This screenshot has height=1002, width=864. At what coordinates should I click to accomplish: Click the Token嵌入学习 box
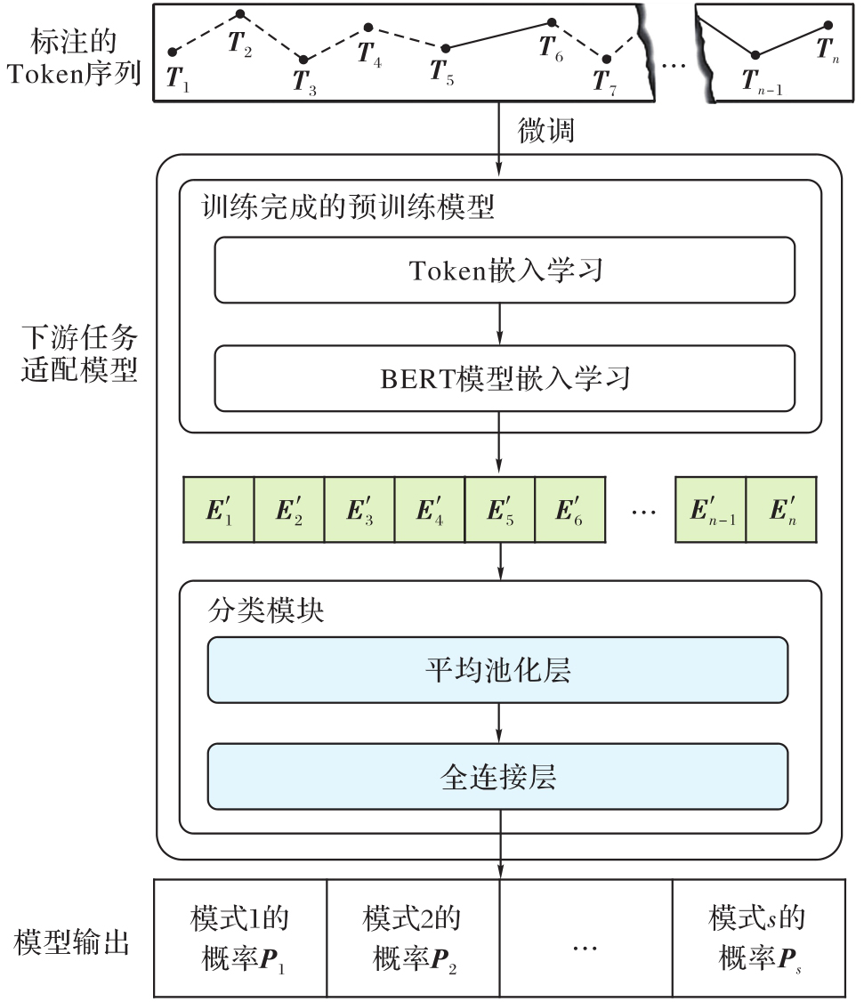click(505, 270)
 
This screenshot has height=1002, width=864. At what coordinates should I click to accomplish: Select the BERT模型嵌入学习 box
click(505, 378)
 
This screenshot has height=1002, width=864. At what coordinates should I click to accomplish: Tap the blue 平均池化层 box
click(497, 670)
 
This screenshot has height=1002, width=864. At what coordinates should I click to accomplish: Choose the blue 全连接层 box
click(497, 777)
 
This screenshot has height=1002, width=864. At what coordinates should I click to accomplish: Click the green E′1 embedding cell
click(218, 510)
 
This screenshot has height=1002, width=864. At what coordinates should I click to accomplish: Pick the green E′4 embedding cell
click(429, 510)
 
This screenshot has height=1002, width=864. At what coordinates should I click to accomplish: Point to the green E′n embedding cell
click(780, 510)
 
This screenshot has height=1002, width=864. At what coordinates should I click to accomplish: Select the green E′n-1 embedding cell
click(710, 510)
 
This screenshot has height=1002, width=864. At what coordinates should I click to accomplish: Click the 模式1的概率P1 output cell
click(240, 938)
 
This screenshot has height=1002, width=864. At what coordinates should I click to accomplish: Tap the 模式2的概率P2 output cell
click(413, 938)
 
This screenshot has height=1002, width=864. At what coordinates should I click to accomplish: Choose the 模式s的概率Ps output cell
click(757, 938)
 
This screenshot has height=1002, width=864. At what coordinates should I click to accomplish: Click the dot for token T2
click(239, 14)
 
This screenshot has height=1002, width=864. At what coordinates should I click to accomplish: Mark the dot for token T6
click(552, 22)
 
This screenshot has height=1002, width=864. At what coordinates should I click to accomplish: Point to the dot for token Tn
click(828, 27)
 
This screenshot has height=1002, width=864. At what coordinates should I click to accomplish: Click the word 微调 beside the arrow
click(546, 131)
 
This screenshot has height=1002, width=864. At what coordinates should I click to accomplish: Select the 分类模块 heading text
click(254, 612)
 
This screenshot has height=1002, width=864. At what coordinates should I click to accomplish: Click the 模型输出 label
click(72, 942)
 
